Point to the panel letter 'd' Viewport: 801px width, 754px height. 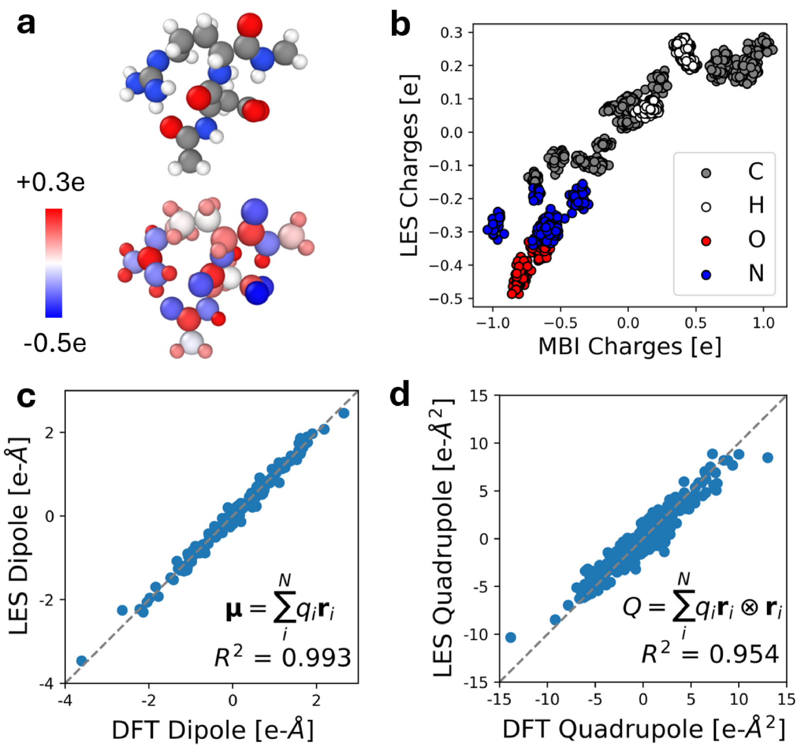coord(400,396)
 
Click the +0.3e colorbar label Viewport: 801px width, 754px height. coord(51,183)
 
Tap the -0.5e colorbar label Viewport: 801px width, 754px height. coord(55,343)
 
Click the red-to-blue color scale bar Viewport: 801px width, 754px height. coord(54,263)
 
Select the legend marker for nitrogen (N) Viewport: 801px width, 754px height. coord(706,275)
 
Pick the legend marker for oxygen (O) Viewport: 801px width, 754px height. coord(706,241)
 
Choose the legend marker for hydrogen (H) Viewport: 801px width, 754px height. coord(706,207)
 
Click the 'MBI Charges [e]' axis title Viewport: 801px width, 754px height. coord(629,346)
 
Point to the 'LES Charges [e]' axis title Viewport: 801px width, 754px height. coord(409,165)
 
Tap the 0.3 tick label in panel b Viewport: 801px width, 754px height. coord(451,33)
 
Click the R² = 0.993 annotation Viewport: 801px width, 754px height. coord(283,657)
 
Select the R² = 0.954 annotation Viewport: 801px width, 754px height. coord(710,654)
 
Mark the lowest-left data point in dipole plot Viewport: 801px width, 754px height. coord(81,661)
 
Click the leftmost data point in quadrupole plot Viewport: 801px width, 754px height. coord(510,637)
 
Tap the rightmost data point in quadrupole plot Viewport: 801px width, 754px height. coord(767,458)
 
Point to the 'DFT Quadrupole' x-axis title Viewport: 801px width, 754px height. coord(644,729)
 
